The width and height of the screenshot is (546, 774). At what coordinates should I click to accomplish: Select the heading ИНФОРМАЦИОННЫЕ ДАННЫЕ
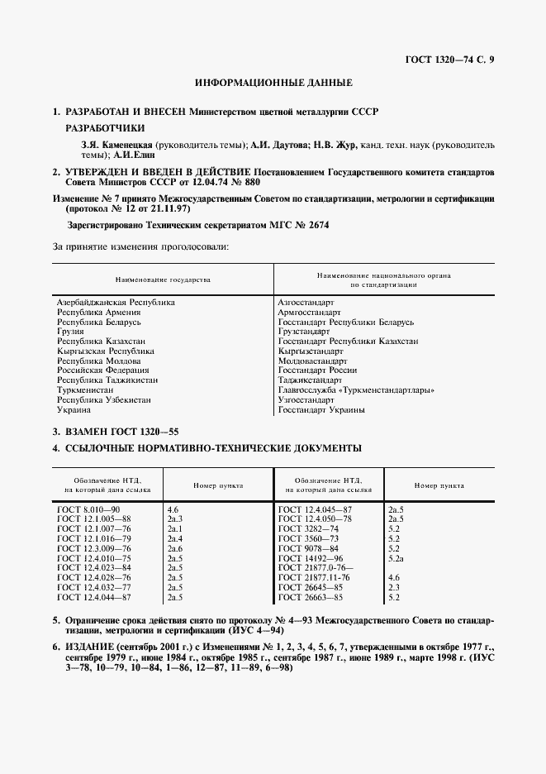pyautogui.click(x=273, y=84)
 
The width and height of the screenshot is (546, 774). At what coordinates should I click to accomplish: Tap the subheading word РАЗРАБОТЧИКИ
pyautogui.click(x=105, y=128)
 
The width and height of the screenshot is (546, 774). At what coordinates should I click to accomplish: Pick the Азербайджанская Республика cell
pyautogui.click(x=116, y=303)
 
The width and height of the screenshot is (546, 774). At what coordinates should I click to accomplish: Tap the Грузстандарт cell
pyautogui.click(x=303, y=332)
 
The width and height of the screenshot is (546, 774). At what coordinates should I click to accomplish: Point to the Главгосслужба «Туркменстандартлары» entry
pyautogui.click(x=356, y=390)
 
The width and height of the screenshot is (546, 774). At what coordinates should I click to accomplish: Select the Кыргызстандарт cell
pyautogui.click(x=310, y=351)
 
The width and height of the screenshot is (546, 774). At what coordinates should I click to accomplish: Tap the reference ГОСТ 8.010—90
pyautogui.click(x=88, y=509)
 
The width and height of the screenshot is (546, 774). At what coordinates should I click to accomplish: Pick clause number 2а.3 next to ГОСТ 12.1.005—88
pyautogui.click(x=175, y=518)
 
